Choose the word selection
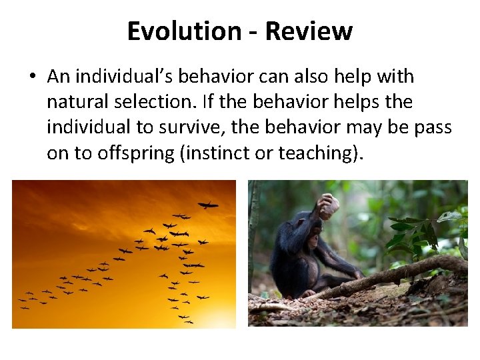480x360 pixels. [x=141, y=103]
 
